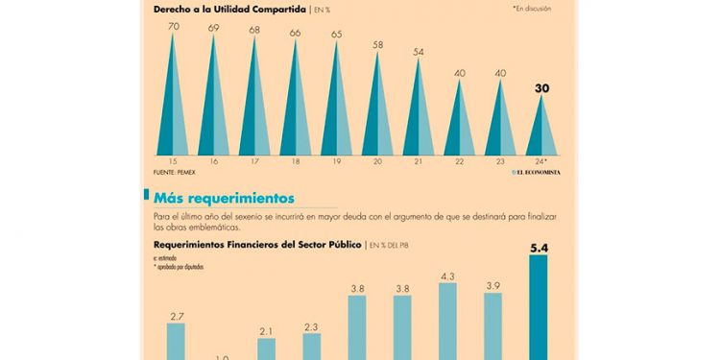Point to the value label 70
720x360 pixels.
coord(173,27)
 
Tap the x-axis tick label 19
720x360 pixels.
coord(336,161)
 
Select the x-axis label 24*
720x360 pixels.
coord(540,161)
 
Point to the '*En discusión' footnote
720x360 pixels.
coord(535,9)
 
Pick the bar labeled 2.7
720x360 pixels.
coord(176,341)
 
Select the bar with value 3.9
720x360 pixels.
coord(493,326)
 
